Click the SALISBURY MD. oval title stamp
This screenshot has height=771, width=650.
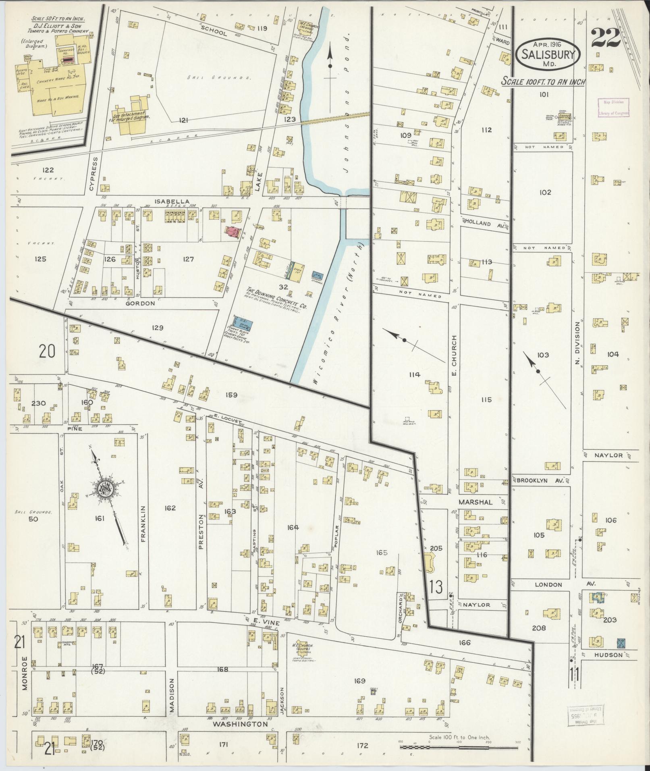point(548,54)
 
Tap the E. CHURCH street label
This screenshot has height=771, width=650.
point(454,351)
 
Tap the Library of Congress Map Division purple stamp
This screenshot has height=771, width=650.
point(613,108)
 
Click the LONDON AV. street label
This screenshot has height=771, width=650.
point(548,584)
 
